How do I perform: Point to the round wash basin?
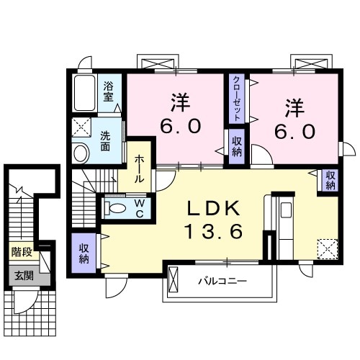coord(81,152)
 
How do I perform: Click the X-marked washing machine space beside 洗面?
coord(79,127)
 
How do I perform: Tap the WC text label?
coord(140,208)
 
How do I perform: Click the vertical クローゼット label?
coord(235,99)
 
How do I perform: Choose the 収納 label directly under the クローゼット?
coord(236,147)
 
